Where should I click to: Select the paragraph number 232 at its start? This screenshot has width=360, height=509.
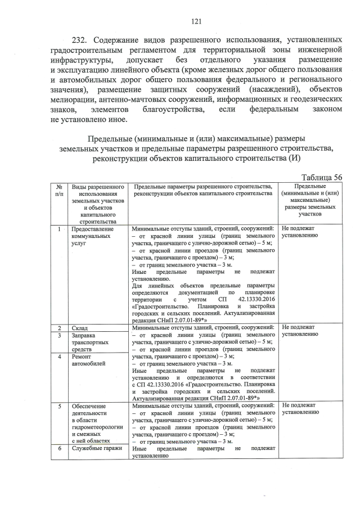[x=81, y=40]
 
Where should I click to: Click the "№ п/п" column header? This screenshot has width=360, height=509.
[x=59, y=190]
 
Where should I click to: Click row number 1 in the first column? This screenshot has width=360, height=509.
[x=59, y=229]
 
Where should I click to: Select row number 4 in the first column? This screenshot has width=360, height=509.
[x=59, y=356]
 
